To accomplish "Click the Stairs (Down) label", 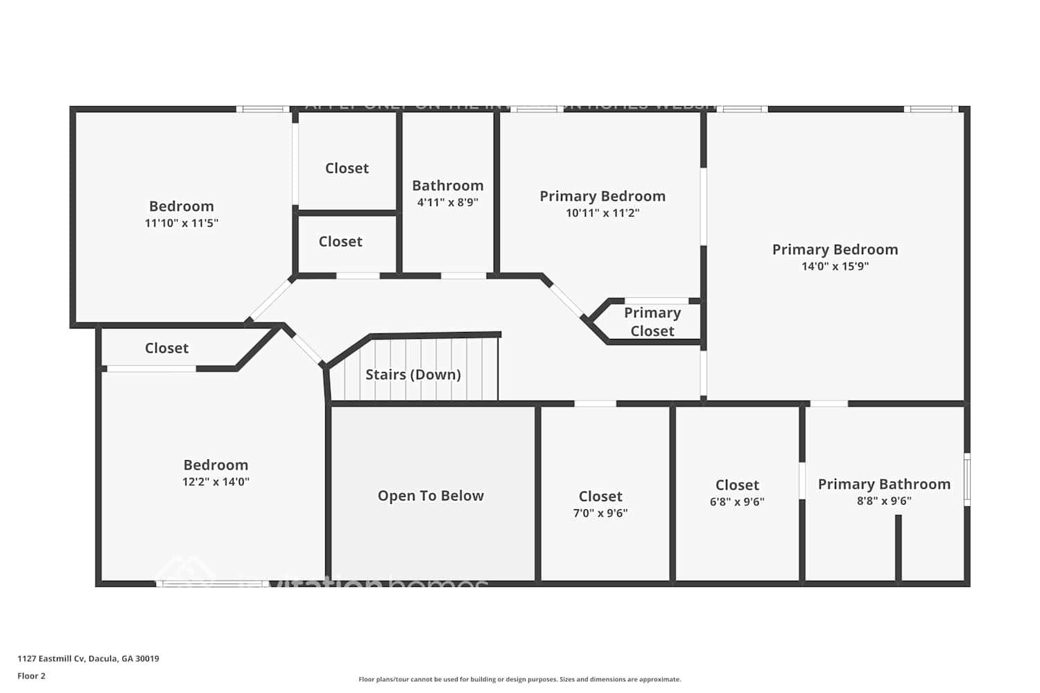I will (x=413, y=375).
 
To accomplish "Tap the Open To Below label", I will (x=431, y=496).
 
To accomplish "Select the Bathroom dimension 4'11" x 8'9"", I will (x=447, y=202).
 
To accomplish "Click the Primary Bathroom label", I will (x=884, y=484).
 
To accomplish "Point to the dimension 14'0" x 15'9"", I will (x=835, y=266).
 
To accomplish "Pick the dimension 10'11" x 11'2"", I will (x=602, y=213).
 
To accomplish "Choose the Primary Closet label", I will (x=652, y=322).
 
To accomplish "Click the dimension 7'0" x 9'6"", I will (x=600, y=513).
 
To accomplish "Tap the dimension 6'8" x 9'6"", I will (x=736, y=502).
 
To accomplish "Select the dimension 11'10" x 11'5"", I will (x=181, y=223).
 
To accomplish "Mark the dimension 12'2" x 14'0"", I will (x=216, y=482).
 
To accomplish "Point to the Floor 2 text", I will (x=31, y=676).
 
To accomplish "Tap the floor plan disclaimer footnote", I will (x=519, y=679).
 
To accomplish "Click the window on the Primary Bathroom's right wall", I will (x=967, y=479).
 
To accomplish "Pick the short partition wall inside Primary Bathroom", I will (x=898, y=547).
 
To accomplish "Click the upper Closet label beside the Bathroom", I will (x=347, y=168).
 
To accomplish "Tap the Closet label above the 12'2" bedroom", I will (x=166, y=349).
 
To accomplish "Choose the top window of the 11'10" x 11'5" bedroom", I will (x=263, y=109).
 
